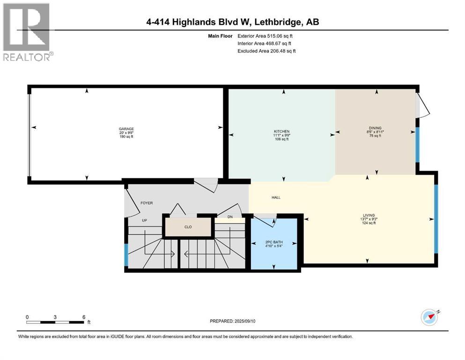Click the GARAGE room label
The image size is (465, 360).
[126, 128]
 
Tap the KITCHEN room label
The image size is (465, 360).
[281, 131]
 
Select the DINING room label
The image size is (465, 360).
[375, 128]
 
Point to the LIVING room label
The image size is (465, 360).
[368, 215]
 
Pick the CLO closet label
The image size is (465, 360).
[188, 227]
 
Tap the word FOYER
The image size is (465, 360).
[147, 203]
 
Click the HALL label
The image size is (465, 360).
[276, 197]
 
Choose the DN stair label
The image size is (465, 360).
[230, 217]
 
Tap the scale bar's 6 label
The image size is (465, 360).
[83, 317]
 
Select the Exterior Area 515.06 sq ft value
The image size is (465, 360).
[266, 36]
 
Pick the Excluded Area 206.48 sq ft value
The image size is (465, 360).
[266, 51]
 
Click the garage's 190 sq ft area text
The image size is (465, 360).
[126, 137]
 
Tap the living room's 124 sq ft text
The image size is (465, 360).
[368, 223]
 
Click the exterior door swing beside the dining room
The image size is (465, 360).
[422, 104]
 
